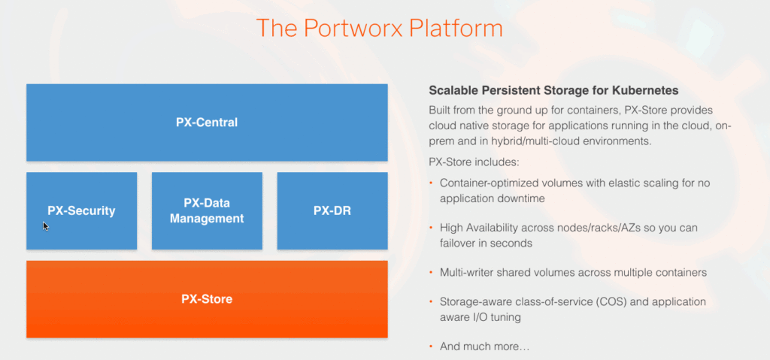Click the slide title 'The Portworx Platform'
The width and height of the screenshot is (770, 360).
379,28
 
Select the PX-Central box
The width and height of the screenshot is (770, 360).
207,122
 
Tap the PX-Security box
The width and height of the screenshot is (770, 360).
81,210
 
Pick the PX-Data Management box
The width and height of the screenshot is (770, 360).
207,210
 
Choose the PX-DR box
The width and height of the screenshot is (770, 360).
332,210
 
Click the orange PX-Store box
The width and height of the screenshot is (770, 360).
207,299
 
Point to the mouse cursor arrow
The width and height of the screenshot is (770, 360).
46,225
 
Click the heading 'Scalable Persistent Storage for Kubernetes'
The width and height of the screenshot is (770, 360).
553,90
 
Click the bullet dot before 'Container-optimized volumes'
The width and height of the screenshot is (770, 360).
431,183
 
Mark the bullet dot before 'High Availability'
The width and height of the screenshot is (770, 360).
431,227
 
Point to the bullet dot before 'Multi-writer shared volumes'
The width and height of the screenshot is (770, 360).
431,272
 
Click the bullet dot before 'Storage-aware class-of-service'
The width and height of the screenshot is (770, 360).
431,301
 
